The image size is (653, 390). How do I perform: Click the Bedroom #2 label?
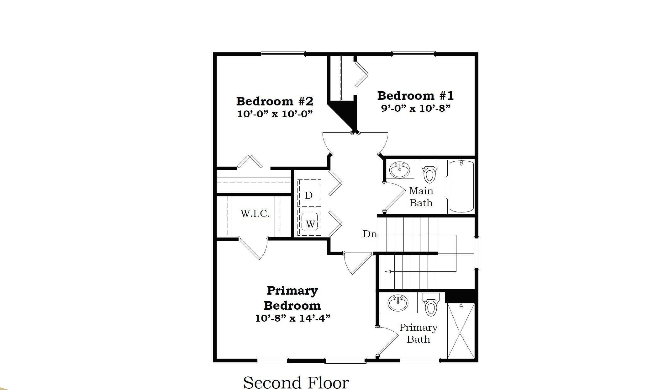(x=275, y=101)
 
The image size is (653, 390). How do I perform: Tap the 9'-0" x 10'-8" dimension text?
(x=415, y=108)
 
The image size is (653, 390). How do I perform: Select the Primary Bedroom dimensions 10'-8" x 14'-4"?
(x=293, y=318)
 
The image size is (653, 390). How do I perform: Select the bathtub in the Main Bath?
(x=461, y=186)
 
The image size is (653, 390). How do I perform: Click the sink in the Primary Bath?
(x=398, y=303)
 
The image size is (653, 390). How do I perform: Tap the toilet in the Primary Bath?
(x=431, y=306)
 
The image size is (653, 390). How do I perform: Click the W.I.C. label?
(x=255, y=214)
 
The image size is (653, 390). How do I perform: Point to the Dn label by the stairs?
(x=370, y=234)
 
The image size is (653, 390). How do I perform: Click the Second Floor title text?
(x=296, y=382)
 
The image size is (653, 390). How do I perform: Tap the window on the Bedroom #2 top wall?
(x=283, y=54)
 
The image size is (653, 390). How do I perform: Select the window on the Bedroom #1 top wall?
(x=413, y=54)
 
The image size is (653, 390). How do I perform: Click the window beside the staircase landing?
(x=476, y=253)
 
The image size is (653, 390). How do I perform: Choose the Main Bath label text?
(x=421, y=197)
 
